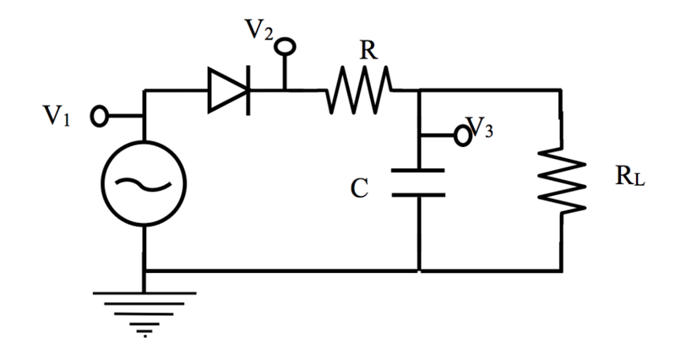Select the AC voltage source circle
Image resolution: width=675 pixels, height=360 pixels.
coord(144,183)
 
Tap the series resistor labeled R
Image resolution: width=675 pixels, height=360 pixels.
coord(358,90)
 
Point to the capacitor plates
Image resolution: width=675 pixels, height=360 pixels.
coord(419,183)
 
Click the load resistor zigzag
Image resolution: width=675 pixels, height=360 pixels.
coord(561,179)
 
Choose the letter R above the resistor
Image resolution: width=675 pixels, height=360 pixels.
coord(368,51)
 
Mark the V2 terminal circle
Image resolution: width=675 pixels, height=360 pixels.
coord(285,47)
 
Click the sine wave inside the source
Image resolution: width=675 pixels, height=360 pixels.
coord(144,184)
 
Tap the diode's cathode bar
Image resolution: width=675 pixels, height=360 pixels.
coord(249,90)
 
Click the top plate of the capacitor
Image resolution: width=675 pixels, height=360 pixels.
coord(419,171)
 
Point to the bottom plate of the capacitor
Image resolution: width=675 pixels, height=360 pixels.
coord(419,195)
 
